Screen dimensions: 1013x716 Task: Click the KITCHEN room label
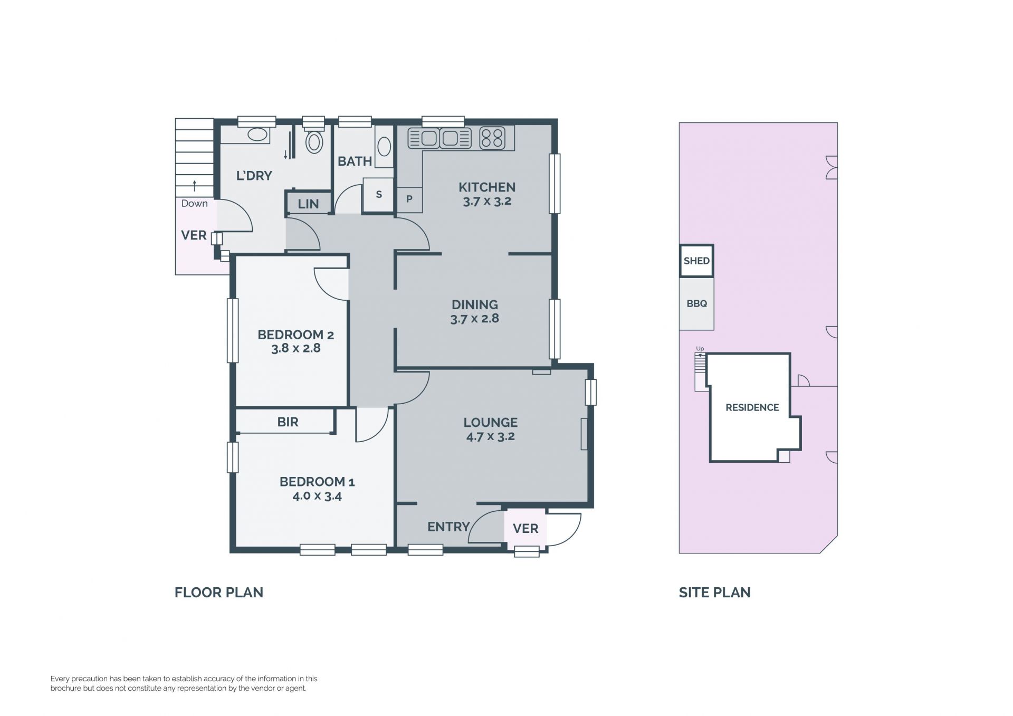pos(486,187)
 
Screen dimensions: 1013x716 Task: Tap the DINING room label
pos(474,304)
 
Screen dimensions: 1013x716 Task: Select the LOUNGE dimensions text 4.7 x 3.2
pos(490,436)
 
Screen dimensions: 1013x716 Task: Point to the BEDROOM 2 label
pos(295,335)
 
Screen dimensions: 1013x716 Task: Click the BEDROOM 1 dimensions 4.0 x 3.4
pos(317,496)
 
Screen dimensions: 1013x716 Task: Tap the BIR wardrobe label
pos(288,422)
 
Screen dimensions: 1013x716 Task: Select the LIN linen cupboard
pos(309,203)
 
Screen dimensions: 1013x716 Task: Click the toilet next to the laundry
pos(314,138)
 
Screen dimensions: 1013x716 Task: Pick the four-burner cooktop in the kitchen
pos(492,138)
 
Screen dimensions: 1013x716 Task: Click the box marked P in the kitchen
pos(409,199)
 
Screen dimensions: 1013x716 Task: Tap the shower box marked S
pos(378,195)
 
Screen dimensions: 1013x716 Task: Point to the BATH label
pos(355,161)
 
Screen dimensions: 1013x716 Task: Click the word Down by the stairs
pos(194,204)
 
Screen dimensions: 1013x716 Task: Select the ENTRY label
pos(448,527)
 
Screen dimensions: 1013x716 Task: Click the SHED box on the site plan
pos(696,261)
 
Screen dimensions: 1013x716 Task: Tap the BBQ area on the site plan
pos(696,304)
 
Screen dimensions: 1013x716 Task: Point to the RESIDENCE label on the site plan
pos(752,407)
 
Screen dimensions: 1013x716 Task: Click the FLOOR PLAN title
pos(219,593)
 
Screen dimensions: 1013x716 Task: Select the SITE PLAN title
pos(714,593)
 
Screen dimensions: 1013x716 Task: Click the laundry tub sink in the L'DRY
pos(257,134)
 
